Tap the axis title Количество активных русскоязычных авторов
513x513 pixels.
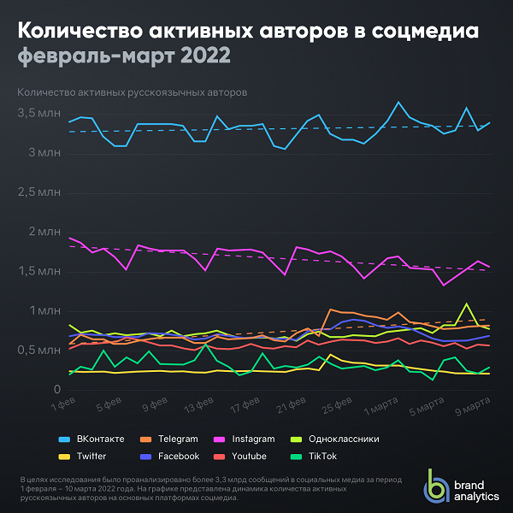coord(132,91)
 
